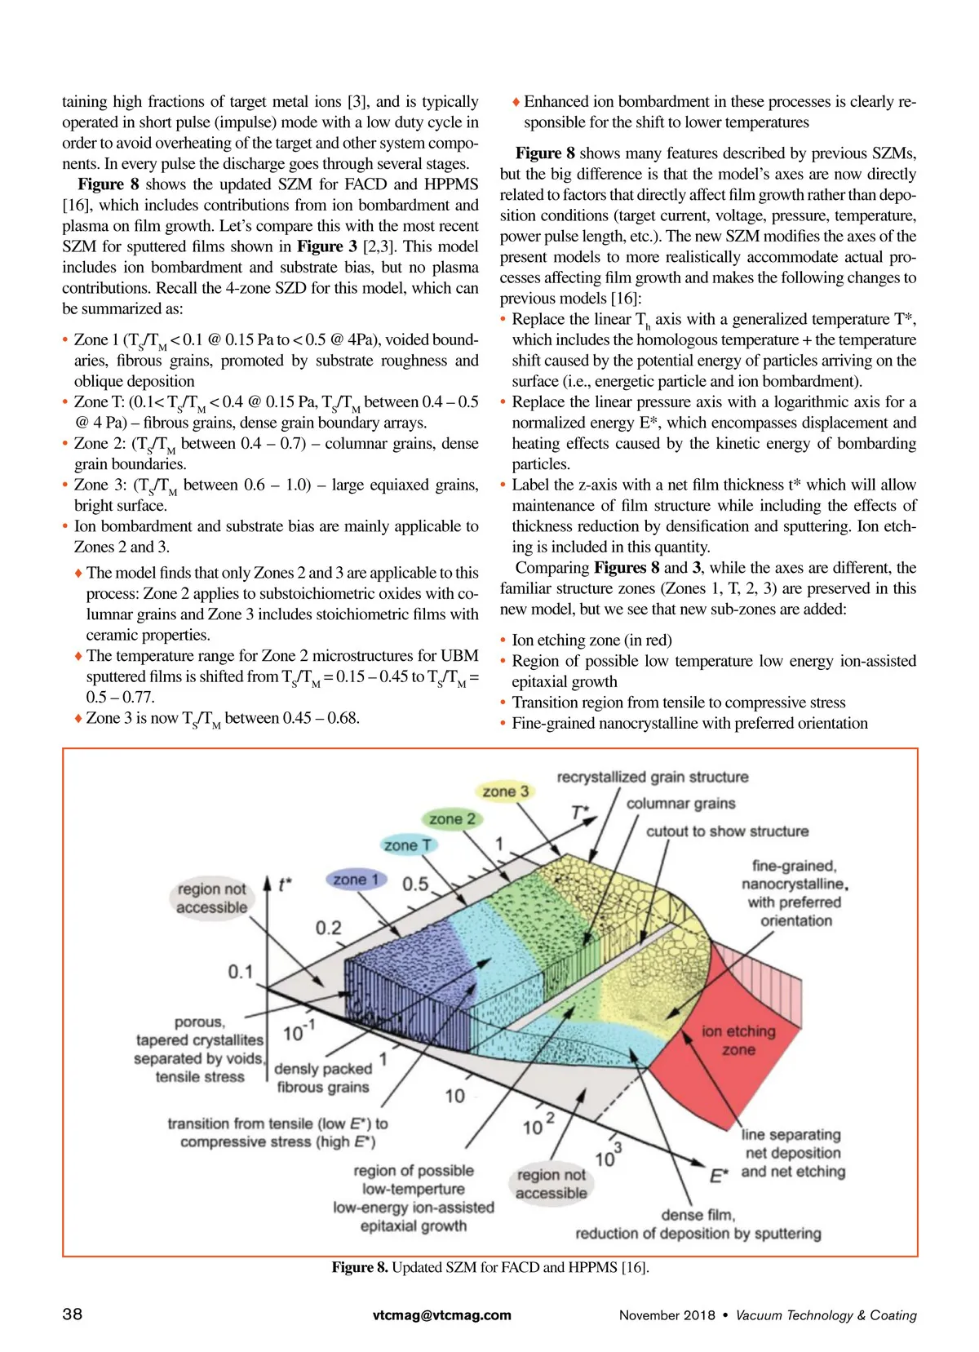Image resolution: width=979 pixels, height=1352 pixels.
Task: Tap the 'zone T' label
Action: (408, 845)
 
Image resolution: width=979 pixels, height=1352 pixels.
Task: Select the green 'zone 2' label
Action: (452, 818)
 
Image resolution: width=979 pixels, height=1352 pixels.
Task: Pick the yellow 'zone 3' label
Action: (505, 791)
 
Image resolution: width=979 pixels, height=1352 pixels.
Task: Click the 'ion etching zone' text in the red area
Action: (738, 1040)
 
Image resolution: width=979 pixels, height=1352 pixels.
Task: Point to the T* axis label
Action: (580, 813)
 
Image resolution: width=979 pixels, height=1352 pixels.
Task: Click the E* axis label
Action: (719, 1176)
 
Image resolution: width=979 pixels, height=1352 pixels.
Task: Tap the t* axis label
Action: (285, 884)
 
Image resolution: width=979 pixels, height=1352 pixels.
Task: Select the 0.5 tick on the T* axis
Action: (415, 884)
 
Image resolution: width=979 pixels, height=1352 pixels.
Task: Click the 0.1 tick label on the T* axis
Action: (241, 972)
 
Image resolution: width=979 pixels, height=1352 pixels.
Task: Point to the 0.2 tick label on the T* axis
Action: (328, 928)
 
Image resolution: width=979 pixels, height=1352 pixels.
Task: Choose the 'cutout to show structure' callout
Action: (727, 831)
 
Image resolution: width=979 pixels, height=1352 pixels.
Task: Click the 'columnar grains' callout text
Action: (680, 804)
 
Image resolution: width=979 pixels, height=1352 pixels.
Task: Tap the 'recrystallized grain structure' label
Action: (652, 777)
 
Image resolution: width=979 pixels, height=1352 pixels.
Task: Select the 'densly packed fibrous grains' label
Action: (323, 1078)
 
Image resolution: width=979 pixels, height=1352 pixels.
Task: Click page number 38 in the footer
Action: (72, 1314)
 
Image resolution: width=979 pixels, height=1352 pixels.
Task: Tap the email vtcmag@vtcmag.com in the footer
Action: (441, 1315)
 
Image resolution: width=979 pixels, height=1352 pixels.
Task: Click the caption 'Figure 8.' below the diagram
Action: (360, 1267)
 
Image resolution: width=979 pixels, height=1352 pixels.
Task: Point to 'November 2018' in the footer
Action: (667, 1315)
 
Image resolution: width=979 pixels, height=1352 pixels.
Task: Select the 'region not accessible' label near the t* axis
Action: (212, 898)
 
